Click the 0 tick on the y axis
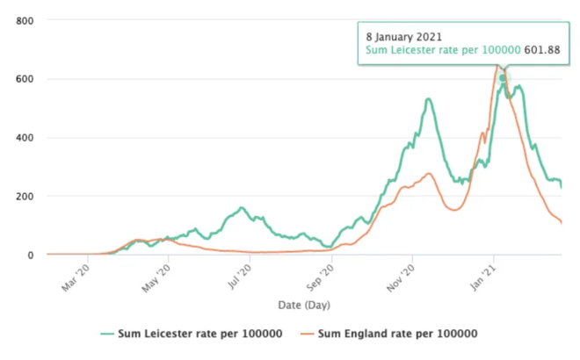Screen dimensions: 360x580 pyautogui.click(x=30, y=255)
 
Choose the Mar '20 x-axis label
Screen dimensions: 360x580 pyautogui.click(x=76, y=277)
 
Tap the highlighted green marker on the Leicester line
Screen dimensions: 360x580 pyautogui.click(x=503, y=78)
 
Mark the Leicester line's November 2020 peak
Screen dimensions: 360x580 pyautogui.click(x=428, y=99)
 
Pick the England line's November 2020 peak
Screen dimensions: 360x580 pyautogui.click(x=429, y=174)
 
